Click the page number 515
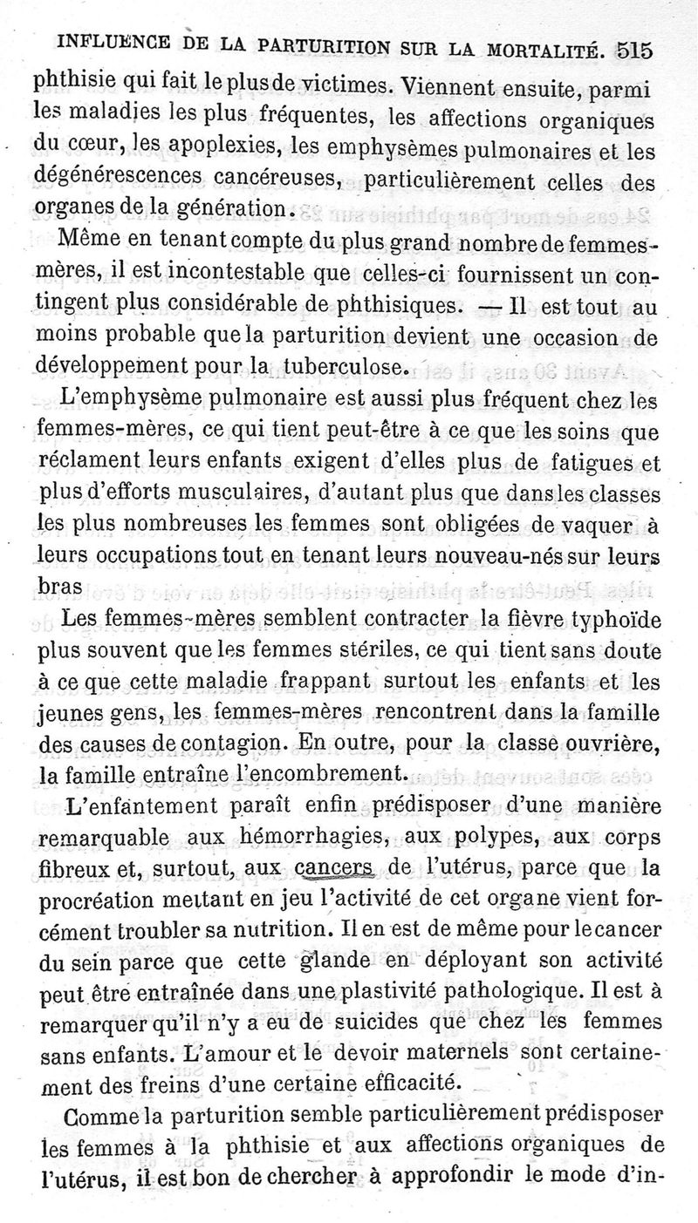(634, 50)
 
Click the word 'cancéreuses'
(267, 180)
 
